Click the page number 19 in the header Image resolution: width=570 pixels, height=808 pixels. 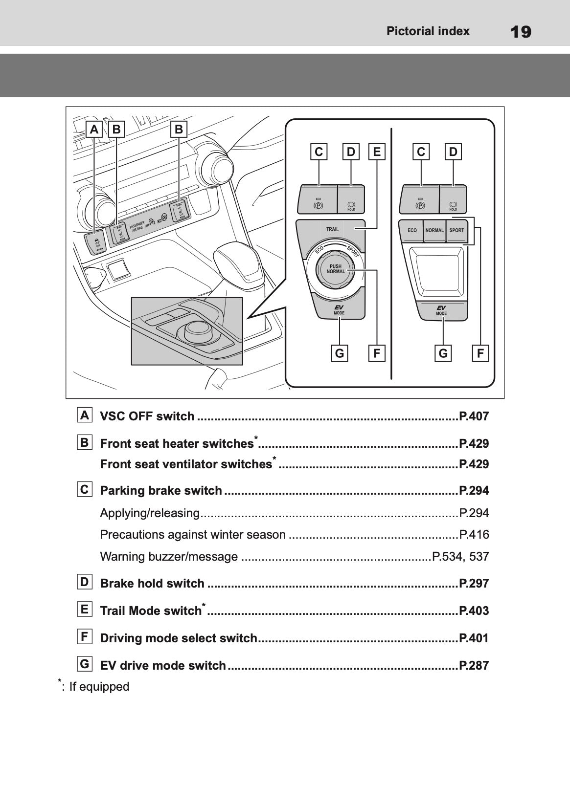(x=520, y=32)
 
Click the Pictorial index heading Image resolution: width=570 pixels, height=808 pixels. (x=428, y=31)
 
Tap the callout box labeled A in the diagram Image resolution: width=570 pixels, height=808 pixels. (x=94, y=130)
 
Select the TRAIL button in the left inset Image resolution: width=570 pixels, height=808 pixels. (x=332, y=229)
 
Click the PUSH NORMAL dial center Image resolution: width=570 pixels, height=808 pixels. (x=335, y=269)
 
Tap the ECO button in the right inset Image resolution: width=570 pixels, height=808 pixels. (x=412, y=230)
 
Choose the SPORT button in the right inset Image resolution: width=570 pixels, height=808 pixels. (x=456, y=230)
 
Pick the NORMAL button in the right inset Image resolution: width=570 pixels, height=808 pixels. (x=434, y=230)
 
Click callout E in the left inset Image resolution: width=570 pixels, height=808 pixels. (x=376, y=152)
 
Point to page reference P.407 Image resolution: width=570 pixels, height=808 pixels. (x=474, y=416)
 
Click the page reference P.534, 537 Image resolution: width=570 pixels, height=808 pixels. (x=460, y=557)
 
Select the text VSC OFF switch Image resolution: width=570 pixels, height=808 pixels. (x=147, y=416)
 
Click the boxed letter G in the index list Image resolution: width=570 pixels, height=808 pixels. (x=85, y=664)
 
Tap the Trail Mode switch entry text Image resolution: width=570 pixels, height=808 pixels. (x=151, y=611)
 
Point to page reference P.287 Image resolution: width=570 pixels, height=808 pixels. (x=474, y=665)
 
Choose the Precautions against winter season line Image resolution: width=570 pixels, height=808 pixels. (x=193, y=535)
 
